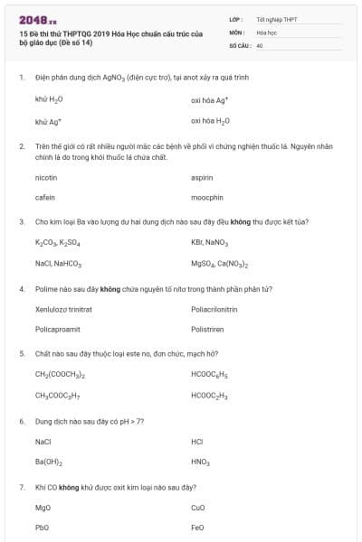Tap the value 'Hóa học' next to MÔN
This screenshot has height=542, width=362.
[266, 32]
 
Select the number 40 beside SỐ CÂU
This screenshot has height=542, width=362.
[260, 44]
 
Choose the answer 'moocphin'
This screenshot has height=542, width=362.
[207, 197]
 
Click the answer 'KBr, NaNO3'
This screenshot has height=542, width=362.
[210, 243]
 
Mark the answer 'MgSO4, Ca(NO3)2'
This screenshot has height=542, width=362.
[220, 265]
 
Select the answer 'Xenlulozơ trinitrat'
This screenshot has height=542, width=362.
[63, 309]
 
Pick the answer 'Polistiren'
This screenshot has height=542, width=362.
[207, 330]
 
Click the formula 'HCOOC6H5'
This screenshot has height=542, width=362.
[210, 374]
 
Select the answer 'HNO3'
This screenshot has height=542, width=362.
[201, 463]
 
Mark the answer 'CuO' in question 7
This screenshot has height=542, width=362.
[199, 508]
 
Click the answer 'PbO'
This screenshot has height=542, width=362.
[43, 528]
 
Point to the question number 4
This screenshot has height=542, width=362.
[21, 289]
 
